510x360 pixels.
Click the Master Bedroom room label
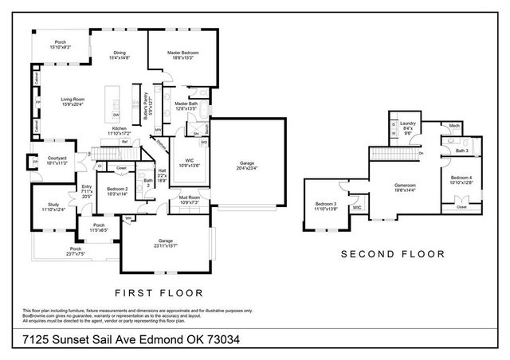(182, 53)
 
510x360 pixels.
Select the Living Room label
(73, 100)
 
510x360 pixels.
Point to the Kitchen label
(119, 128)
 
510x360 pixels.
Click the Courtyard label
(56, 158)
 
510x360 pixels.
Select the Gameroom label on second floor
(406, 186)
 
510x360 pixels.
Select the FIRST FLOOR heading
(159, 292)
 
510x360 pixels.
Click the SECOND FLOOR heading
(392, 255)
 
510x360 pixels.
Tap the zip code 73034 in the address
(222, 341)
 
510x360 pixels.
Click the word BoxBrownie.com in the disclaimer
(27, 315)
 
